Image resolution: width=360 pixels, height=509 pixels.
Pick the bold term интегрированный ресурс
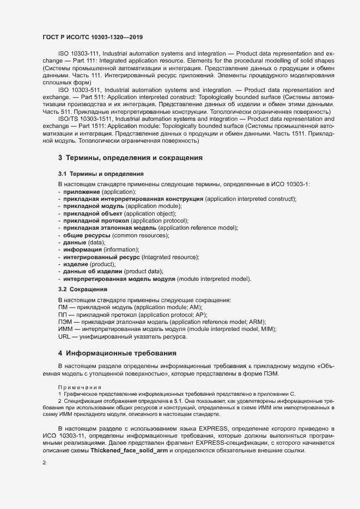101,256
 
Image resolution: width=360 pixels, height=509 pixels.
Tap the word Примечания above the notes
80,387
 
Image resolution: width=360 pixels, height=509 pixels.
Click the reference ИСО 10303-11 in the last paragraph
64,436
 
